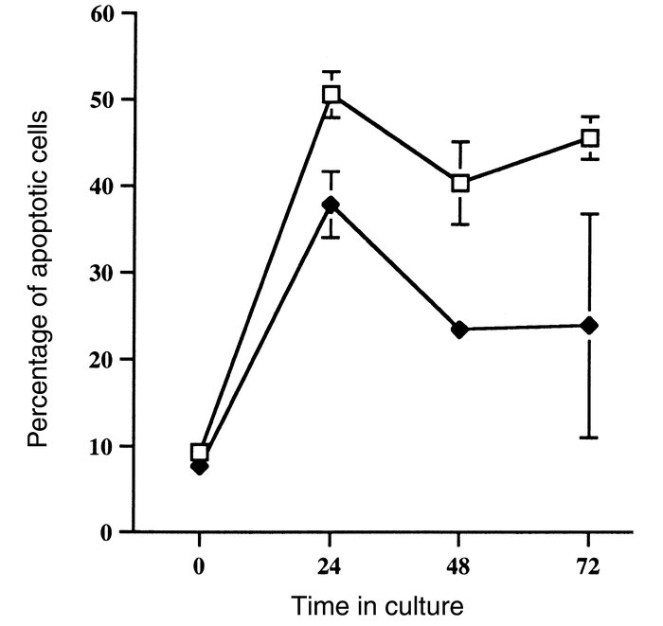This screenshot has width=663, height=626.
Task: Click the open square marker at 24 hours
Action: click(331, 95)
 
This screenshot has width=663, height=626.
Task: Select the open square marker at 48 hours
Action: click(460, 183)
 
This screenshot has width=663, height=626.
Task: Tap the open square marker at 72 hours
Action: click(590, 138)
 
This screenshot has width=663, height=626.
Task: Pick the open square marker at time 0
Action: click(200, 452)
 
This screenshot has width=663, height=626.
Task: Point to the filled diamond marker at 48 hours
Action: click(460, 330)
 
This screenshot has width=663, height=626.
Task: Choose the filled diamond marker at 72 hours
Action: click(590, 326)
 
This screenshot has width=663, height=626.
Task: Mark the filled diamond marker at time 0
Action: click(200, 466)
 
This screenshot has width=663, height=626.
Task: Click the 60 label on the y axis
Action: click(104, 14)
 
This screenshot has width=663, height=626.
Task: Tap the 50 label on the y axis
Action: click(104, 100)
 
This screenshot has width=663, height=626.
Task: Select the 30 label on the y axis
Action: click(104, 273)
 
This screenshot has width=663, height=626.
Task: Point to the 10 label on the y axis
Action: click(104, 445)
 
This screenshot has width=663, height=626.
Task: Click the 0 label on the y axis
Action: click(112, 532)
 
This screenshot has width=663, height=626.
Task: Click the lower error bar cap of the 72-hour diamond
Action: click(590, 438)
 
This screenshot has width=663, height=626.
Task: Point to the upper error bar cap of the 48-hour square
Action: click(460, 141)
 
